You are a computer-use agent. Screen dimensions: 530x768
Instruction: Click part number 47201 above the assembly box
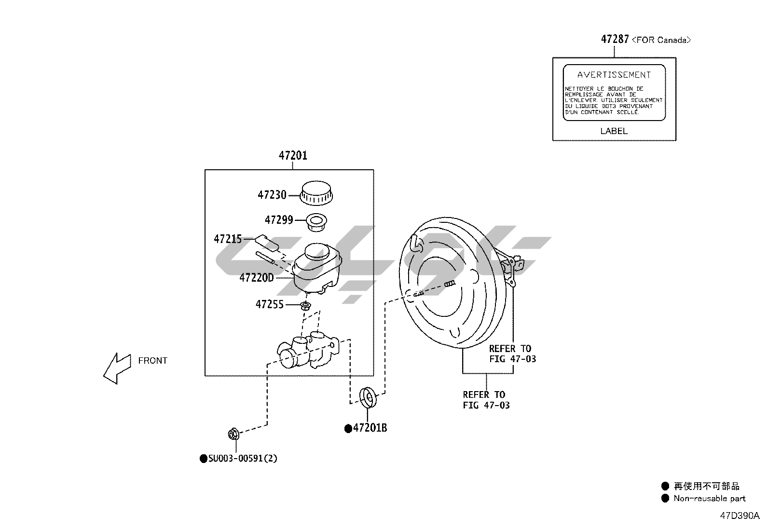[x=293, y=156]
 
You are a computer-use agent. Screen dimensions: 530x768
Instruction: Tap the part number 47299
[x=279, y=220]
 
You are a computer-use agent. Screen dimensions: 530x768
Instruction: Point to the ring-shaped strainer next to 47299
[x=316, y=222]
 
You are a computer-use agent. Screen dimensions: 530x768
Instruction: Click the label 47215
[x=228, y=239]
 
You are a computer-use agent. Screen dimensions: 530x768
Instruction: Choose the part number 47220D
[x=257, y=278]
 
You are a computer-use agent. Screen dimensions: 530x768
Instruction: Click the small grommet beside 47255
[x=305, y=305]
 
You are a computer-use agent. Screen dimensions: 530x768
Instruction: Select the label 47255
[x=270, y=305]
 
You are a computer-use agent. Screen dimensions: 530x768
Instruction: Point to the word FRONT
[x=152, y=361]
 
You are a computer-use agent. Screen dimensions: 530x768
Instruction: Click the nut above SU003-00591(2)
[x=233, y=434]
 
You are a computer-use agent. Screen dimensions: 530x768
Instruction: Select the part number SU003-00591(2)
[x=243, y=459]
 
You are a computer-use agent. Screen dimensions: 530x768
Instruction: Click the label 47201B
[x=370, y=428]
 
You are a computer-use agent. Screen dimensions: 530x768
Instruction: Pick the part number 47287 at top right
[x=615, y=40]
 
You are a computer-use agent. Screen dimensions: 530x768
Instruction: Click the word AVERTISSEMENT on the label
[x=614, y=75]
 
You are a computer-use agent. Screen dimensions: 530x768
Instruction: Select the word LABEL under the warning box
[x=614, y=131]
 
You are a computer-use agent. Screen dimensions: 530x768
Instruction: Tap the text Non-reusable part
[x=709, y=499]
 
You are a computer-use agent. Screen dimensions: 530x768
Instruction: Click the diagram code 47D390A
[x=740, y=516]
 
